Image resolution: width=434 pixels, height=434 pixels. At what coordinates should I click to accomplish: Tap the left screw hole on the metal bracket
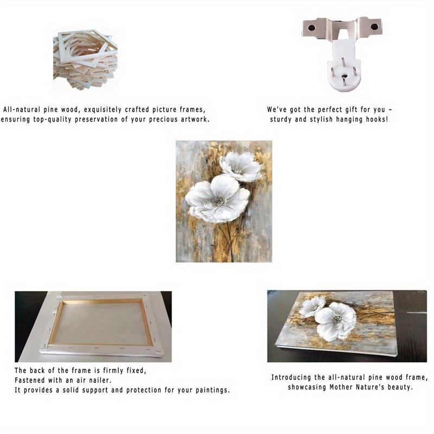(x=311, y=28)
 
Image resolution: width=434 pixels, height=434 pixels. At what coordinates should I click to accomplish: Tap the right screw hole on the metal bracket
(x=374, y=27)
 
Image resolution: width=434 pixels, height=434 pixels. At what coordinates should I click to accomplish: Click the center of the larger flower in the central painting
(x=219, y=201)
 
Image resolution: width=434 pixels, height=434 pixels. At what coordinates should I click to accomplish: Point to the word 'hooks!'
(x=377, y=119)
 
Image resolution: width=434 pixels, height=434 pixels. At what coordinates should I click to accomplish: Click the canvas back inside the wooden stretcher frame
(x=101, y=323)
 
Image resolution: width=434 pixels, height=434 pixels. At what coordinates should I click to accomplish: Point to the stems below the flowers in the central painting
(x=229, y=241)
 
